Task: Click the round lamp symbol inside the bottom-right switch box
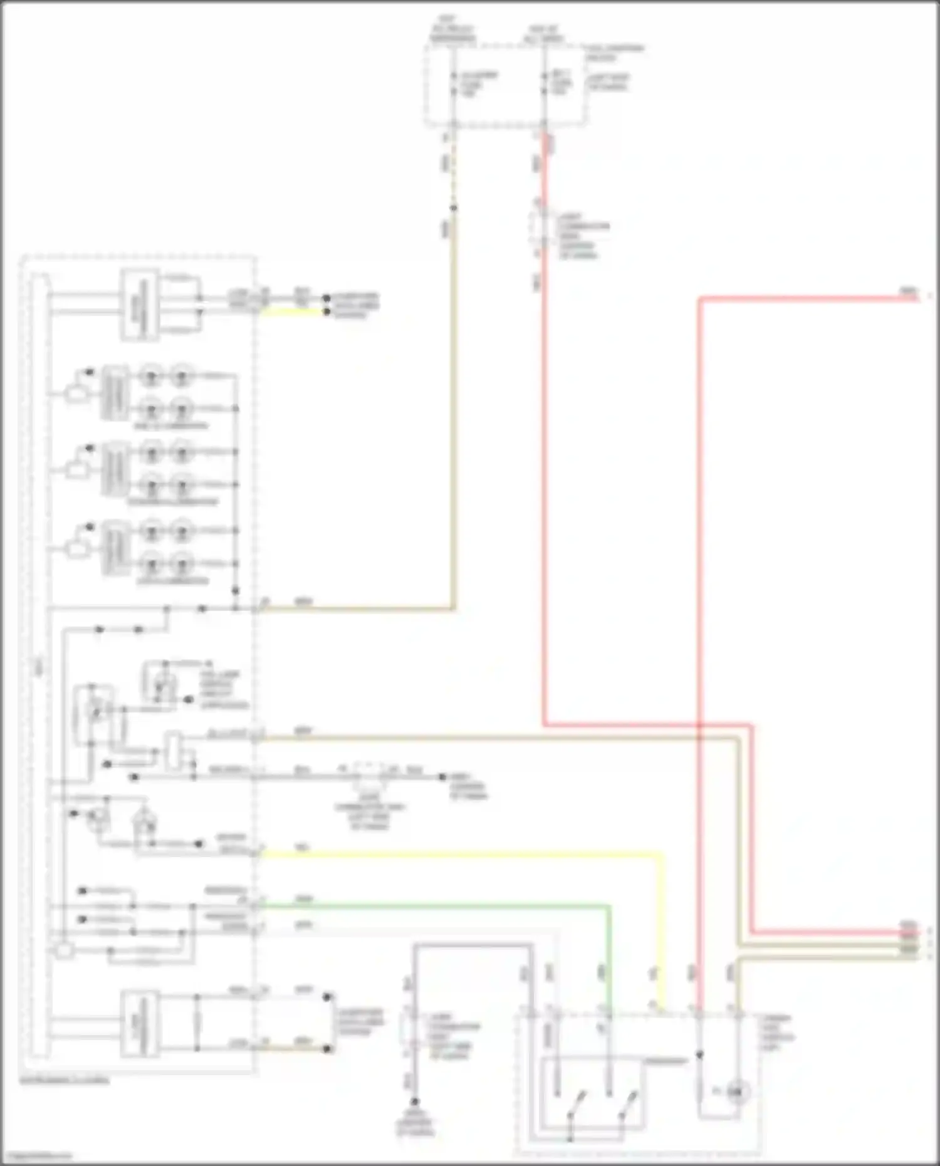737,1092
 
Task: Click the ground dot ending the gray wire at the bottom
414,1101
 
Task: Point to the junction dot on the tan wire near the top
453,208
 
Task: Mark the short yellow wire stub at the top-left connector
291,311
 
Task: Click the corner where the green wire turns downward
608,905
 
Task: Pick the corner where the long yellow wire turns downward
661,853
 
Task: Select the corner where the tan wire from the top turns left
452,608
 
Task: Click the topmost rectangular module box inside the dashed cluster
139,305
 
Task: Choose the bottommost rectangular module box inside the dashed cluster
139,1023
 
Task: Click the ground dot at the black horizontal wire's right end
442,777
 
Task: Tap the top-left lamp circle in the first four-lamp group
151,377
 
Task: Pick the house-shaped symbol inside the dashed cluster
145,818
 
